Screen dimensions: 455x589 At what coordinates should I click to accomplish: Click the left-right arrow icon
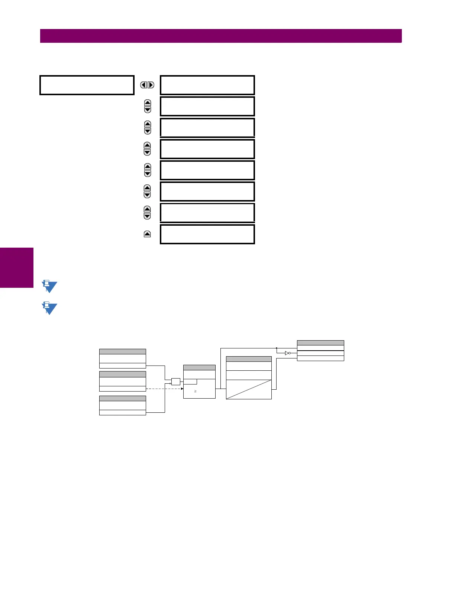pyautogui.click(x=147, y=85)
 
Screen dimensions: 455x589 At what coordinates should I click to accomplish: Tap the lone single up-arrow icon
pyautogui.click(x=147, y=234)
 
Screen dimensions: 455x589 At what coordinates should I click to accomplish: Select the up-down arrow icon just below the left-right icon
pyautogui.click(x=148, y=106)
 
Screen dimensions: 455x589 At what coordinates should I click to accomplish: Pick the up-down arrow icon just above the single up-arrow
pyautogui.click(x=147, y=213)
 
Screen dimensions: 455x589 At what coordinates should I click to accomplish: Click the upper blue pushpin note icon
pyautogui.click(x=49, y=286)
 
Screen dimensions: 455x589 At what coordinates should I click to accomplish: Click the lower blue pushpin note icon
pyautogui.click(x=49, y=308)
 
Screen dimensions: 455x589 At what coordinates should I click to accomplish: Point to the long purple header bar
pyautogui.click(x=221, y=36)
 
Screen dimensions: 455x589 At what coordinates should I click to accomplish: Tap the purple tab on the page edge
pyautogui.click(x=17, y=268)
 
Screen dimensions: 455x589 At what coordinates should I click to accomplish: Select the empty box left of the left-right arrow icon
pyautogui.click(x=87, y=85)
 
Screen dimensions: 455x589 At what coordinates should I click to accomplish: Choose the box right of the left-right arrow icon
pyautogui.click(x=207, y=85)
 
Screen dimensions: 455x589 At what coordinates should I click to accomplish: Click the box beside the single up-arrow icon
pyautogui.click(x=207, y=234)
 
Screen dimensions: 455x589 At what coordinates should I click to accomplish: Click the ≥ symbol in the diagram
pyautogui.click(x=196, y=392)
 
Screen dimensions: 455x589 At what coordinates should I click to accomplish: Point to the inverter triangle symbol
pyautogui.click(x=287, y=353)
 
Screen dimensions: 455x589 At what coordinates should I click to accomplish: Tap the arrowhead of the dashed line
pyautogui.click(x=182, y=389)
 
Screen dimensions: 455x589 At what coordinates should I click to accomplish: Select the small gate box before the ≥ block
pyautogui.click(x=175, y=382)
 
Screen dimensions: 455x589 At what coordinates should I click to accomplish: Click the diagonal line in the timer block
pyautogui.click(x=249, y=389)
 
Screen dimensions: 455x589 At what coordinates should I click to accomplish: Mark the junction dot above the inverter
pyautogui.click(x=277, y=348)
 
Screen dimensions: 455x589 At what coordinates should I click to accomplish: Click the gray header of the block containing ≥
pyautogui.click(x=199, y=368)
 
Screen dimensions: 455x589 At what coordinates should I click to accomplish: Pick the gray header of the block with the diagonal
pyautogui.click(x=249, y=359)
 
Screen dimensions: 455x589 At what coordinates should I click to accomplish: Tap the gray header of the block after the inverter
pyautogui.click(x=320, y=343)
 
